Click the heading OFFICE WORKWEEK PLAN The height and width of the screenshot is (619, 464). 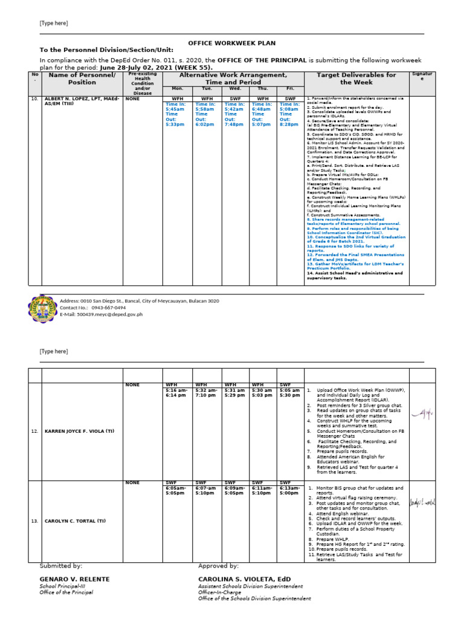pyautogui.click(x=224, y=44)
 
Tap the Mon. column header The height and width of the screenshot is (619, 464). pyautogui.click(x=178, y=88)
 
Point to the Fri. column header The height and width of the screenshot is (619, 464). pyautogui.click(x=290, y=88)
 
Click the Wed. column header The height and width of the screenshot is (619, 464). pyautogui.click(x=234, y=88)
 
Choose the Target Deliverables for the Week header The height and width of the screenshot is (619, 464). pyautogui.click(x=357, y=79)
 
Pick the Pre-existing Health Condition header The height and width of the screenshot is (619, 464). pyautogui.click(x=143, y=83)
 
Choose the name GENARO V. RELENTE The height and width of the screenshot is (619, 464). pyautogui.click(x=75, y=579)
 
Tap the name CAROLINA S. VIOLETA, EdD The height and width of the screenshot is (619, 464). pyautogui.click(x=245, y=579)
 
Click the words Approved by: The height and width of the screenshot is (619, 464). pyautogui.click(x=218, y=566)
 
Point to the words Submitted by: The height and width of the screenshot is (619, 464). pyautogui.click(x=61, y=566)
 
